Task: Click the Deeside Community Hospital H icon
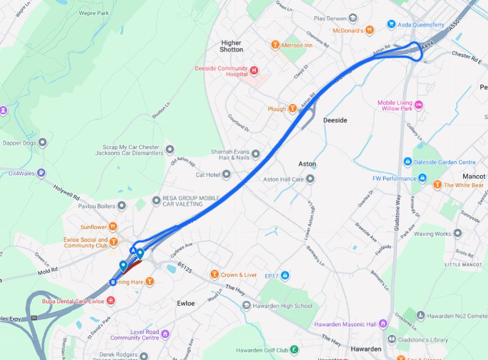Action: (254, 71)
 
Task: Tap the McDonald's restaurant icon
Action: (369, 30)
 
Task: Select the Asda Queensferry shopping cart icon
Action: (391, 24)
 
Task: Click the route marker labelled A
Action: (133, 250)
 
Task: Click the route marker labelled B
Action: (113, 282)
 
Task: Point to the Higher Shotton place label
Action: (231, 46)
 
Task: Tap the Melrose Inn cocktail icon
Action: (275, 45)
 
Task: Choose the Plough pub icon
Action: (292, 109)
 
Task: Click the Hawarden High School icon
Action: (246, 305)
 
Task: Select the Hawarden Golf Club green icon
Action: (294, 349)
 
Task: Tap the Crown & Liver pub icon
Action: (214, 275)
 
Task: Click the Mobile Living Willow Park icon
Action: (418, 105)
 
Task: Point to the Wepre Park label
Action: (94, 13)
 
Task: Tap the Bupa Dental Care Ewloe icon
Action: (110, 301)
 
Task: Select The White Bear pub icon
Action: (437, 185)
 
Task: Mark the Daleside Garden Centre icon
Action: (407, 162)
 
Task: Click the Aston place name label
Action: (307, 164)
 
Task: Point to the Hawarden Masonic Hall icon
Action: (383, 324)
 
